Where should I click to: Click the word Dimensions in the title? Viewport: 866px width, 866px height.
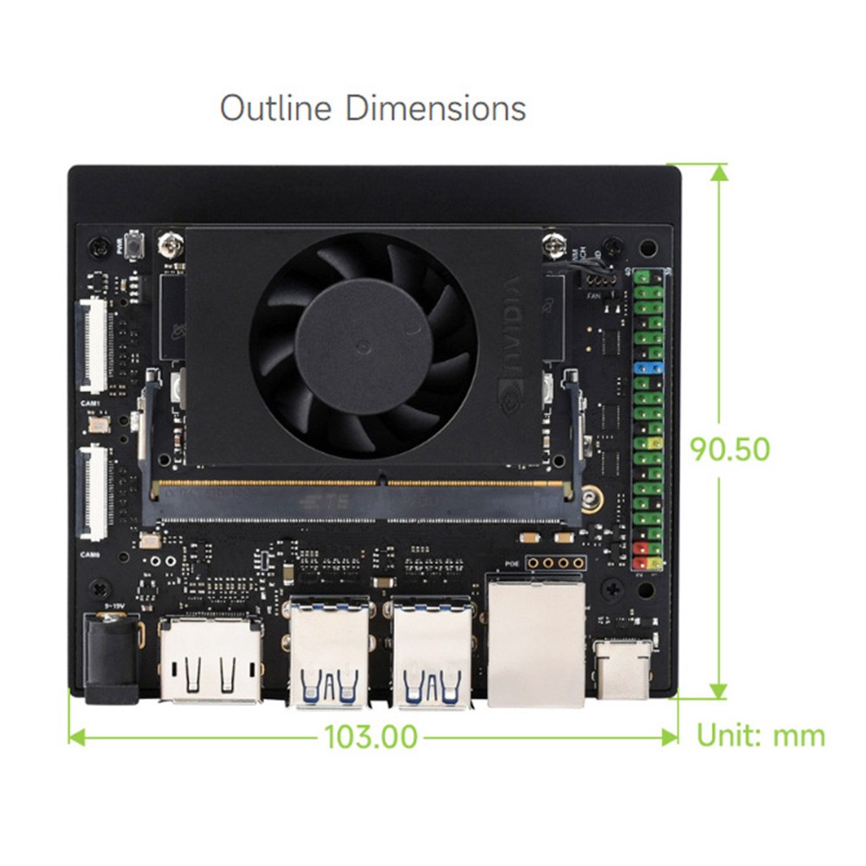436,109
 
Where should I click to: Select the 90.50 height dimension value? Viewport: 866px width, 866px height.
730,449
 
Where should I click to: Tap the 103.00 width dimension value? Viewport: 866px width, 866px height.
372,737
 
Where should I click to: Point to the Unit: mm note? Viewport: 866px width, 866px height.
761,736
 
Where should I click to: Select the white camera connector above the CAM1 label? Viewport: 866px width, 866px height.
94,346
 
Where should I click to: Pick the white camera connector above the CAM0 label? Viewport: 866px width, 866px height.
94,491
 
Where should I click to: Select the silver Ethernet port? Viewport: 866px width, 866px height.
536,645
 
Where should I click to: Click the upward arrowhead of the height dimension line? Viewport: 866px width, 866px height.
719,173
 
